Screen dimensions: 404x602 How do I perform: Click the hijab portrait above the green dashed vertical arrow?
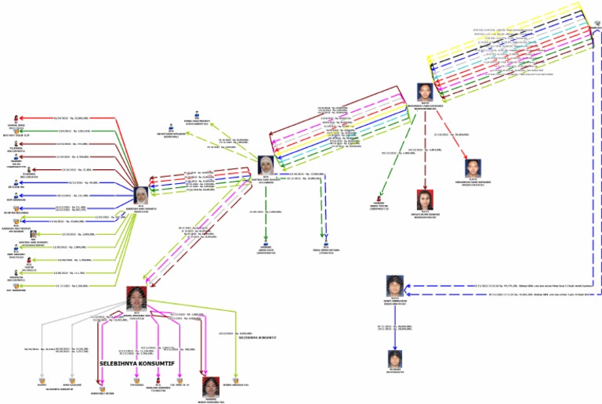268,165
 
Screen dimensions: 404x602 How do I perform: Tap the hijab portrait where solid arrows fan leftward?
141,194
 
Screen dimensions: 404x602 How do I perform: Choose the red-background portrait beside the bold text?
210,385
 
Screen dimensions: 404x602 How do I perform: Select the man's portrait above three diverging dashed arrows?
424,92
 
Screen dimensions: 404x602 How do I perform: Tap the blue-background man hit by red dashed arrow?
473,168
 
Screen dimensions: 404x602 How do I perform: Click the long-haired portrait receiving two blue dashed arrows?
394,286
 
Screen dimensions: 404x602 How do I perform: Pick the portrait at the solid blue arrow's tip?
394,360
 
